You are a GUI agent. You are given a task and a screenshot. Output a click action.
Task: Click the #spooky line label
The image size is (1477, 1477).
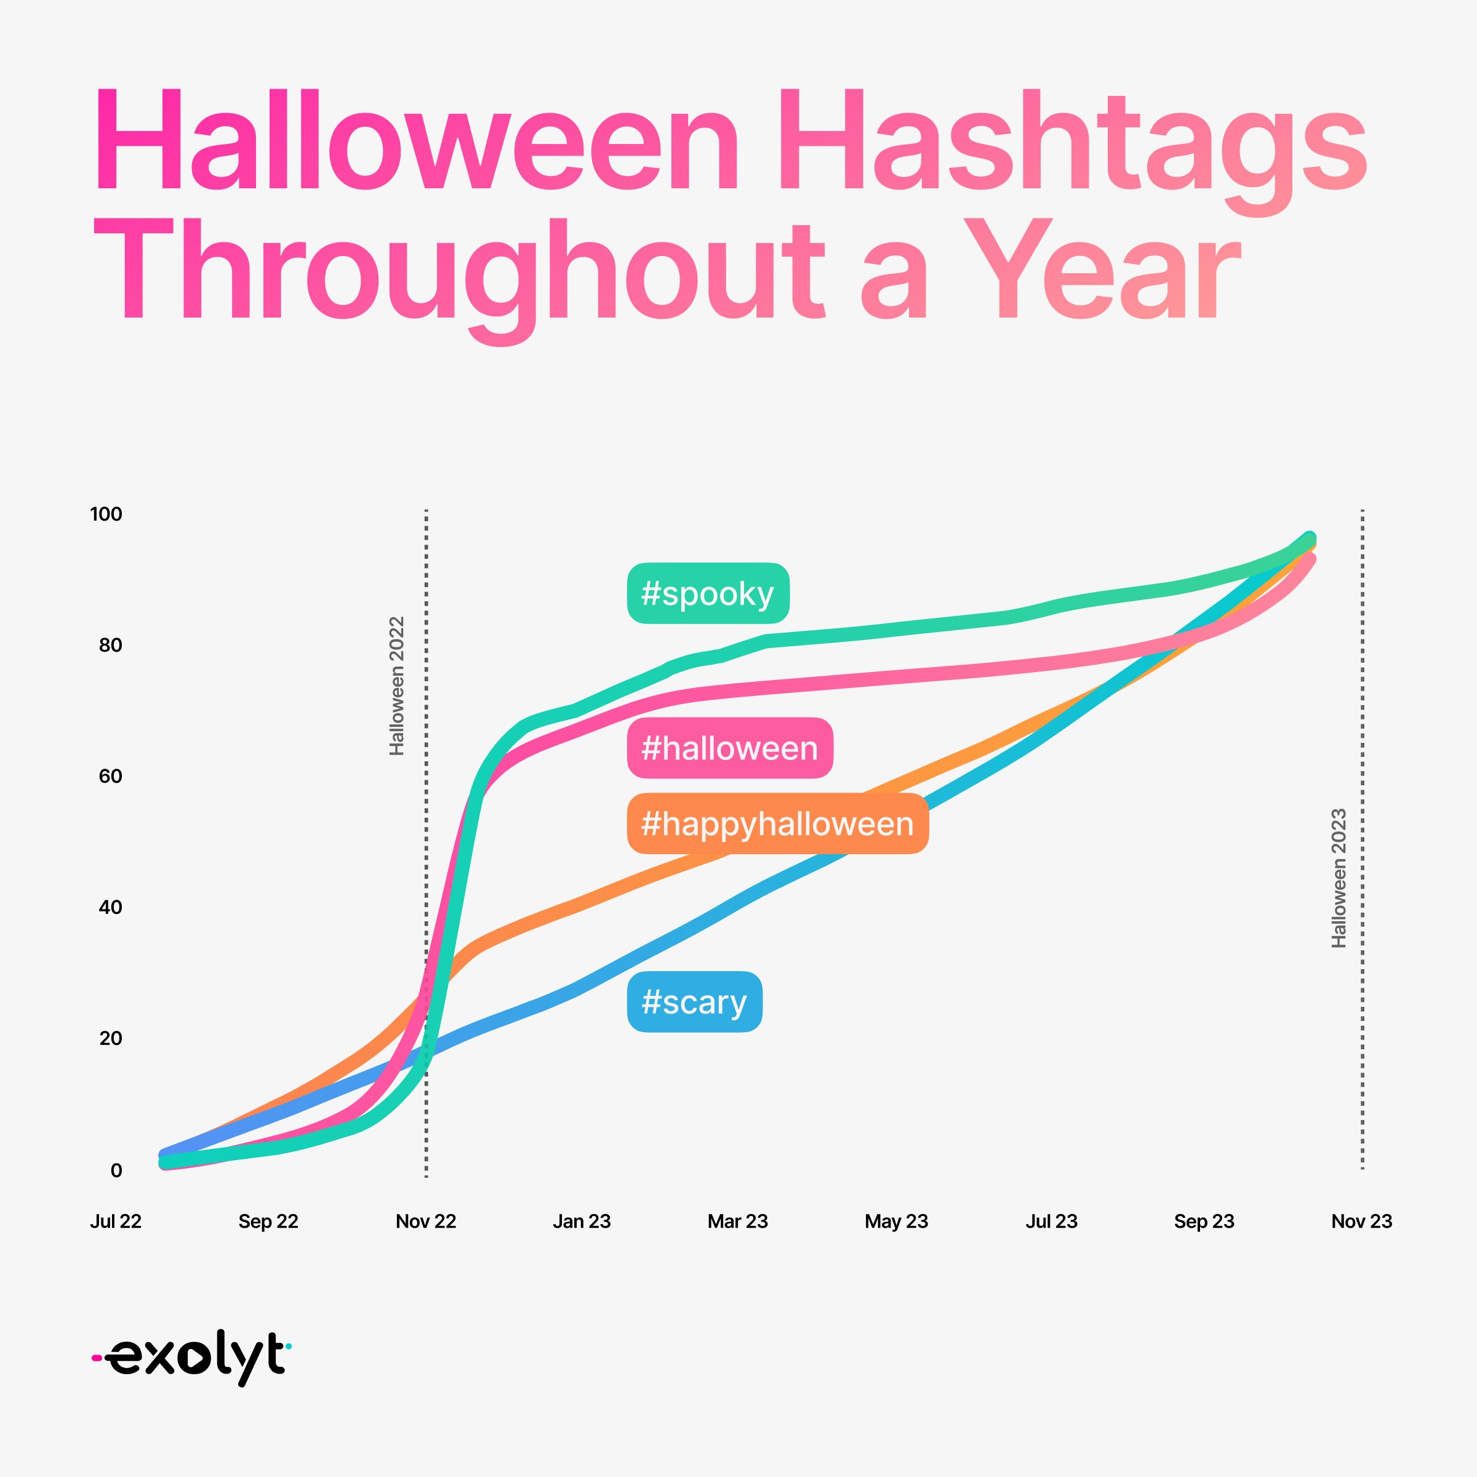[x=708, y=593]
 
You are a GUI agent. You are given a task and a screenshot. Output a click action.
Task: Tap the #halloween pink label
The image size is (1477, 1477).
[x=730, y=748]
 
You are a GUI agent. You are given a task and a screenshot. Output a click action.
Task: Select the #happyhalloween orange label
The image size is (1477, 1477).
[x=777, y=823]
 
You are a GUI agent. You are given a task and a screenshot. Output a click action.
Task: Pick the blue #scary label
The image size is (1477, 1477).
[x=694, y=1001]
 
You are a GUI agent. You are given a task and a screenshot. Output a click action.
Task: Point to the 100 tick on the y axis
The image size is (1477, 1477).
[x=106, y=514]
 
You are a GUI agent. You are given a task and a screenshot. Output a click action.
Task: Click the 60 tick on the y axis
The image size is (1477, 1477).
[x=110, y=776]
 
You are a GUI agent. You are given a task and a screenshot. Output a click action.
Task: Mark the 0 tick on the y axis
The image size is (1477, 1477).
[x=116, y=1171]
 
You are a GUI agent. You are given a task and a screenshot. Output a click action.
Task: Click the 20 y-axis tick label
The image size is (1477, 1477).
[x=110, y=1038]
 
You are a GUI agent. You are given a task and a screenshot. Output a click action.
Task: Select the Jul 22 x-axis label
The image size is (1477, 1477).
[x=116, y=1221]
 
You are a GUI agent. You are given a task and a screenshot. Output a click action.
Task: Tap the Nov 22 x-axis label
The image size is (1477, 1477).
[x=426, y=1221]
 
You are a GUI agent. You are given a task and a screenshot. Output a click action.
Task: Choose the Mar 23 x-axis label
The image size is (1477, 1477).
[x=738, y=1221]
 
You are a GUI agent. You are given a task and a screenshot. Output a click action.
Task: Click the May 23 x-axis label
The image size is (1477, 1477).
[x=896, y=1222]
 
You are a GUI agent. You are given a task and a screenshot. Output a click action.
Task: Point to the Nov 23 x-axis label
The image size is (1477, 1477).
[x=1361, y=1221]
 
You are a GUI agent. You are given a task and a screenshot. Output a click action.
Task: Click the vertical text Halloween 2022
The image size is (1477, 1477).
[x=396, y=686]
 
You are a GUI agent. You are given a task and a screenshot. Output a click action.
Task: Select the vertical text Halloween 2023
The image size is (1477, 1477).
[x=1339, y=878]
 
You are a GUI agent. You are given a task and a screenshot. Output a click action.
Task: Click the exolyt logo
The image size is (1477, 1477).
[x=191, y=1357]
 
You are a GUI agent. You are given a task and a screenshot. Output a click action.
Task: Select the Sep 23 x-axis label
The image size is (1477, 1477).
[x=1204, y=1222]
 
